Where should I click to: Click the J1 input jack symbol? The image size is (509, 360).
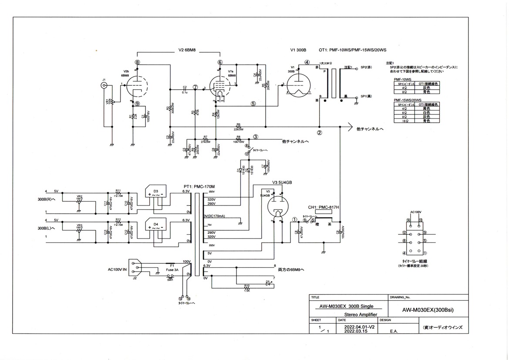pyautogui.click(x=104, y=86)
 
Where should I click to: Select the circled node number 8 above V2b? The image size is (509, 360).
pyautogui.click(x=138, y=62)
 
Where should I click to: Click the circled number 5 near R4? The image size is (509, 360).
pyautogui.click(x=253, y=104)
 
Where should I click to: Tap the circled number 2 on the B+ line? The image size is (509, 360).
pyautogui.click(x=319, y=133)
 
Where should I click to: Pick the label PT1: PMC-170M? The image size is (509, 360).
pyautogui.click(x=199, y=186)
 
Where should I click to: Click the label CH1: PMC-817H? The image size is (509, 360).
pyautogui.click(x=324, y=207)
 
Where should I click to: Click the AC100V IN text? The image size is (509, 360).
pyautogui.click(x=117, y=269)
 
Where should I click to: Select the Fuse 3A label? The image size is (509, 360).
pyautogui.click(x=172, y=270)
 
